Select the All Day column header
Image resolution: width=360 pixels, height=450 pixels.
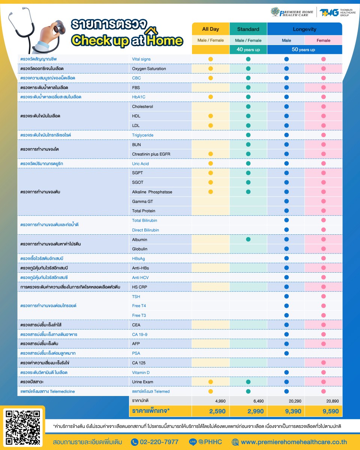point(210,29)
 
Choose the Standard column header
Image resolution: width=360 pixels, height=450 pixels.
point(248,29)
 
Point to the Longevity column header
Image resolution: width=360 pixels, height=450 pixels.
point(304,29)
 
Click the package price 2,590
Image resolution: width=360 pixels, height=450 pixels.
point(217,411)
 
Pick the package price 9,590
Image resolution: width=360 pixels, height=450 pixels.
point(330,411)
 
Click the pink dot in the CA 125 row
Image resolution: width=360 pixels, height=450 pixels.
point(323,363)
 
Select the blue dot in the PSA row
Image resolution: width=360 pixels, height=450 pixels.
point(286,353)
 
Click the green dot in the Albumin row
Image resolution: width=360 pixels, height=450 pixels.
point(248,239)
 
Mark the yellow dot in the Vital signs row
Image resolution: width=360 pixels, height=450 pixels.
point(210,59)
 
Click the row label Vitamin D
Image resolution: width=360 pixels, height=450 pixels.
point(141,372)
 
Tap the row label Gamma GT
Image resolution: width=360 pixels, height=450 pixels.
point(142,201)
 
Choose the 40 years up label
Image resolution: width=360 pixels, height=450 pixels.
point(248,49)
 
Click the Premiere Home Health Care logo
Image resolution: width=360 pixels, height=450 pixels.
point(292,12)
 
